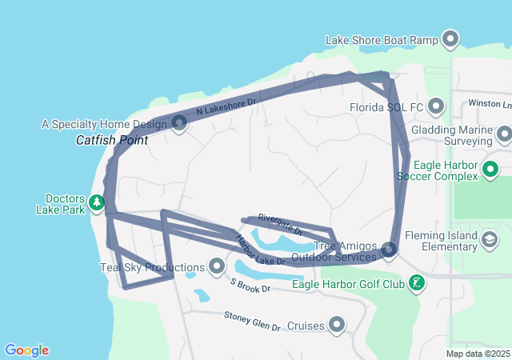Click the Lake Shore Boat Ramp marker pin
click(x=450, y=38)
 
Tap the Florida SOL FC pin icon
click(x=436, y=106)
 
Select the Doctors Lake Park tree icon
click(x=97, y=202)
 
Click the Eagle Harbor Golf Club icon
click(x=416, y=282)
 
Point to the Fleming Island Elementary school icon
click(x=489, y=238)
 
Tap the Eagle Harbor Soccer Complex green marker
click(x=490, y=169)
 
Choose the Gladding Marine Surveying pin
click(x=504, y=134)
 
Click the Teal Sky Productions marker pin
click(x=216, y=265)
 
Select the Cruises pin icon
click(x=337, y=324)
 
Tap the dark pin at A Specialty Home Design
click(x=179, y=122)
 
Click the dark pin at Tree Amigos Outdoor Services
click(x=389, y=250)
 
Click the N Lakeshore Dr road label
click(x=225, y=110)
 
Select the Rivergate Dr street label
click(x=280, y=224)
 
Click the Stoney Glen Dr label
click(x=252, y=322)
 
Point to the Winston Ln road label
click(x=490, y=104)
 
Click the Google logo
click(x=26, y=350)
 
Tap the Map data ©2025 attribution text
click(x=477, y=354)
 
